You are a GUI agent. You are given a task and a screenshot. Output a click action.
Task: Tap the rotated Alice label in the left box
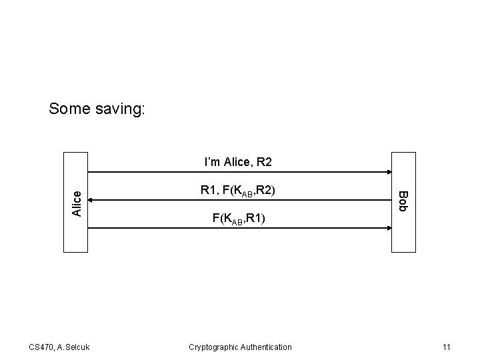(76, 203)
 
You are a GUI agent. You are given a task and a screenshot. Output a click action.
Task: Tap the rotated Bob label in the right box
(403, 201)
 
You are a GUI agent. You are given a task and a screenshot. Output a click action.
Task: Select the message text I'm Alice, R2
(237, 162)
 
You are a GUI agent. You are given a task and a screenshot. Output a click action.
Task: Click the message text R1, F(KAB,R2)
(238, 191)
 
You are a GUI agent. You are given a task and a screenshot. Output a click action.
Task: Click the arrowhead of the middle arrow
(91, 199)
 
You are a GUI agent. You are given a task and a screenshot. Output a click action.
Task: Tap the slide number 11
(447, 347)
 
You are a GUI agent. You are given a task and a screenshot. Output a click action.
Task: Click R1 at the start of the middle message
(207, 191)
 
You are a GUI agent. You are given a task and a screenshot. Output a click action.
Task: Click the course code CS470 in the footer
(41, 347)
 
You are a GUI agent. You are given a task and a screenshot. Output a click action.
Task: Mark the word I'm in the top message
(212, 162)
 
